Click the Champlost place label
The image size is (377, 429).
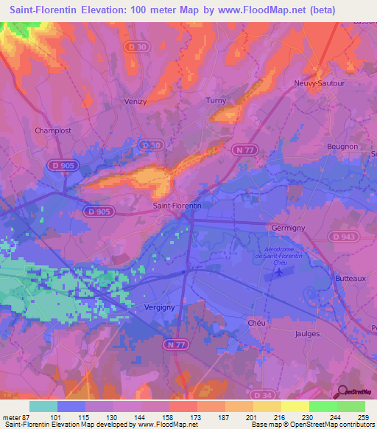[52, 130]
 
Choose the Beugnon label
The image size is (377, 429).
[342, 147]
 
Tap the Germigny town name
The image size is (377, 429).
[288, 228]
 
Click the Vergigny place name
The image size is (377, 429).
[161, 308]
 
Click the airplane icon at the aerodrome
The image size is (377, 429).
[278, 273]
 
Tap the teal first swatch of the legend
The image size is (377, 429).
[43, 406]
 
